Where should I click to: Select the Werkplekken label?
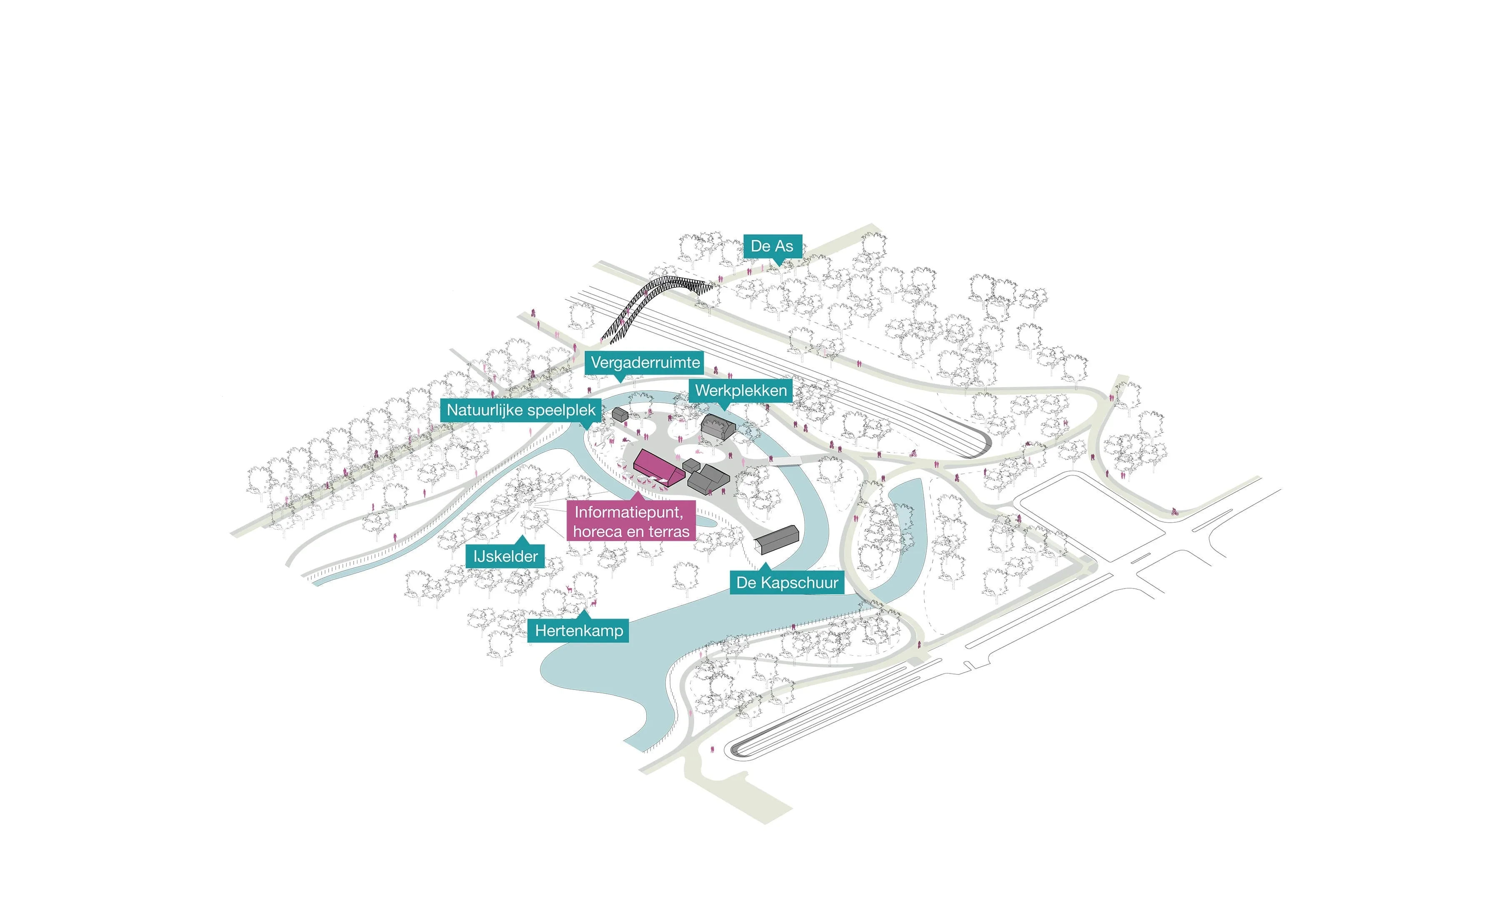tap(740, 390)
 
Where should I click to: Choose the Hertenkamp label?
tap(578, 631)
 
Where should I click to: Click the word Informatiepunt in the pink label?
tap(628, 512)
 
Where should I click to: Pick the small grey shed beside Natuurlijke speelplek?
tap(620, 415)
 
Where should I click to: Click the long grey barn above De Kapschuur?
tap(777, 539)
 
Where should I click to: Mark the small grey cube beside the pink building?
tap(691, 466)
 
